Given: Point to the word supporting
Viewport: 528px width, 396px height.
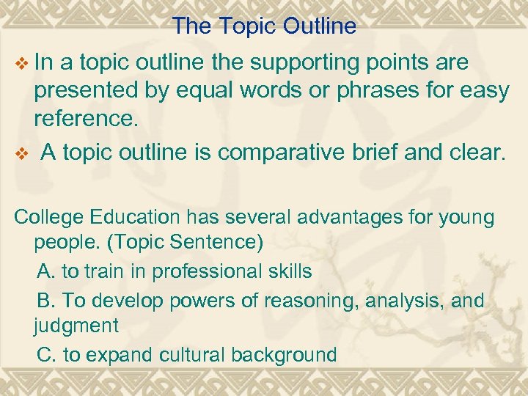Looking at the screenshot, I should click(297, 64).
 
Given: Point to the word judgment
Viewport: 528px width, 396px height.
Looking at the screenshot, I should click(76, 324).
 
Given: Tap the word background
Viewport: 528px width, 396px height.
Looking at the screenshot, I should click(284, 355).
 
